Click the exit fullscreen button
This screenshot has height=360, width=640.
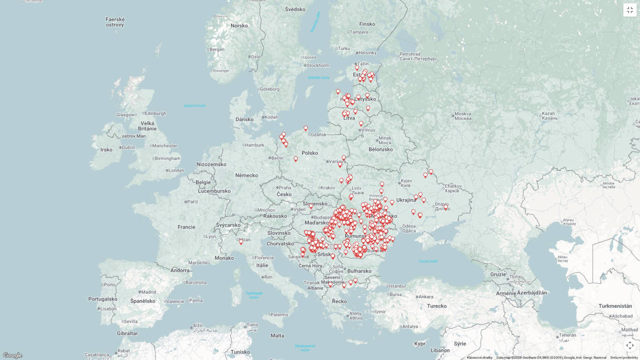pyautogui.click(x=630, y=10)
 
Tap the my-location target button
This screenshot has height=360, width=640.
pyautogui.click(x=630, y=345)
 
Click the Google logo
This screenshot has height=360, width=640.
pyautogui.click(x=12, y=355)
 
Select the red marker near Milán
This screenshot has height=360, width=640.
pyautogui.click(x=241, y=241)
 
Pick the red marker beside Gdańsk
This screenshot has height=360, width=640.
pyautogui.click(x=305, y=129)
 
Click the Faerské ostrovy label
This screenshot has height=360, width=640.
pyautogui.click(x=115, y=22)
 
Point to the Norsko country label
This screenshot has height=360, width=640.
pyautogui.click(x=239, y=26)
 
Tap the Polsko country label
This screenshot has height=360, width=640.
pyautogui.click(x=310, y=153)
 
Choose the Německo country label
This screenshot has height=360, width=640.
pyautogui.click(x=247, y=175)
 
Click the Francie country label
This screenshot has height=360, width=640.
pyautogui.click(x=186, y=227)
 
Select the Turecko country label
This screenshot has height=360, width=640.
pyautogui.click(x=437, y=306)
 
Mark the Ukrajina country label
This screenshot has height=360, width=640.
pyautogui.click(x=406, y=200)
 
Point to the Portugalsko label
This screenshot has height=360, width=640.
pyautogui.click(x=103, y=299)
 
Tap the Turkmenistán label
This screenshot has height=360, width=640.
pyautogui.click(x=615, y=306)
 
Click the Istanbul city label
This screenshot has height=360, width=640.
pyautogui.click(x=397, y=286)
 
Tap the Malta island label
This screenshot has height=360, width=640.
pyautogui.click(x=278, y=336)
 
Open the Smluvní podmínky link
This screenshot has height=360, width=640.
pyautogui.click(x=624, y=358)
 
